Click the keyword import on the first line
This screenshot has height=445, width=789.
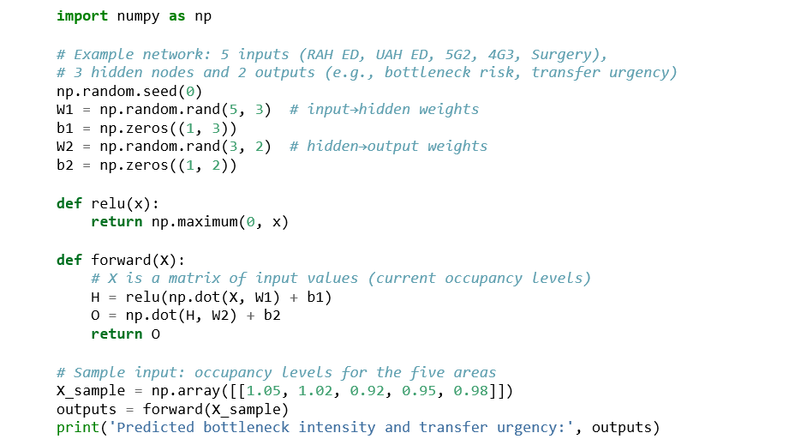[x=82, y=16]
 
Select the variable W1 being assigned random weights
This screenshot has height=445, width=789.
[x=65, y=110]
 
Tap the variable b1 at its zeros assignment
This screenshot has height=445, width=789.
[x=65, y=129]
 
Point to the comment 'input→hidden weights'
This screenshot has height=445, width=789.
[x=384, y=110]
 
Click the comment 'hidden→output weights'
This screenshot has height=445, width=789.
[x=388, y=147]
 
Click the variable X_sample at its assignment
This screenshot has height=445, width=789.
[x=91, y=390]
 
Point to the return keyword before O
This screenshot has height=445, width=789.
[x=117, y=334]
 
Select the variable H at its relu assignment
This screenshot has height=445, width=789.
[x=95, y=297]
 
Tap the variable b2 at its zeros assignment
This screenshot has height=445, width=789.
[x=65, y=165]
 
